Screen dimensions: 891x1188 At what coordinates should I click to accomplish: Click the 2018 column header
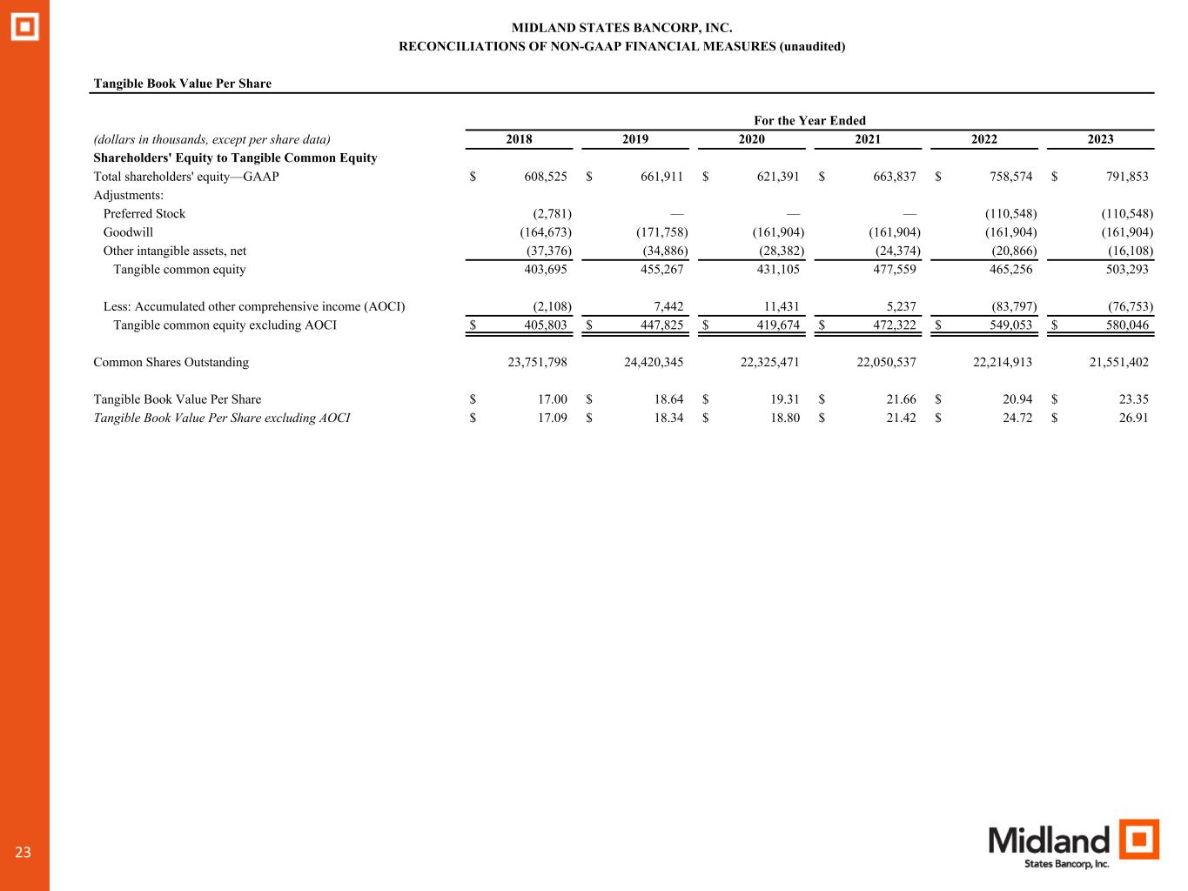519,139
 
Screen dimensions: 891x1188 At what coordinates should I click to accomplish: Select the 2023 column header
1100,139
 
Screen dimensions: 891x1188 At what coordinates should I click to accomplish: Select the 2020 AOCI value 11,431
779,306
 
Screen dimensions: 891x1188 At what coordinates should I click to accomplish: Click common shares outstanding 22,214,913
1002,362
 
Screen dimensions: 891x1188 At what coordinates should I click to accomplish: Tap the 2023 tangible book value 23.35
1133,399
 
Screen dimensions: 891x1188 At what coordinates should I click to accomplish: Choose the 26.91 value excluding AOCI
1133,418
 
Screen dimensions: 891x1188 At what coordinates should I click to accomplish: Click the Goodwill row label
128,232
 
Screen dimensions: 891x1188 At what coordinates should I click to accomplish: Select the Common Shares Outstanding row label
171,362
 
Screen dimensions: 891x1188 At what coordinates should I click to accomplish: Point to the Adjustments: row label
128,195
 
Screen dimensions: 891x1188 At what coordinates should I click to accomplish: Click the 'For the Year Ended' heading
809,121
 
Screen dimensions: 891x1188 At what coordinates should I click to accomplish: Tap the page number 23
23,853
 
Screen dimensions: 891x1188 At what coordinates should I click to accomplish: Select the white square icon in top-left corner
24,27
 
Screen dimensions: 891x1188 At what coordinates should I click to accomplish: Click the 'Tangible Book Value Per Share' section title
182,84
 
